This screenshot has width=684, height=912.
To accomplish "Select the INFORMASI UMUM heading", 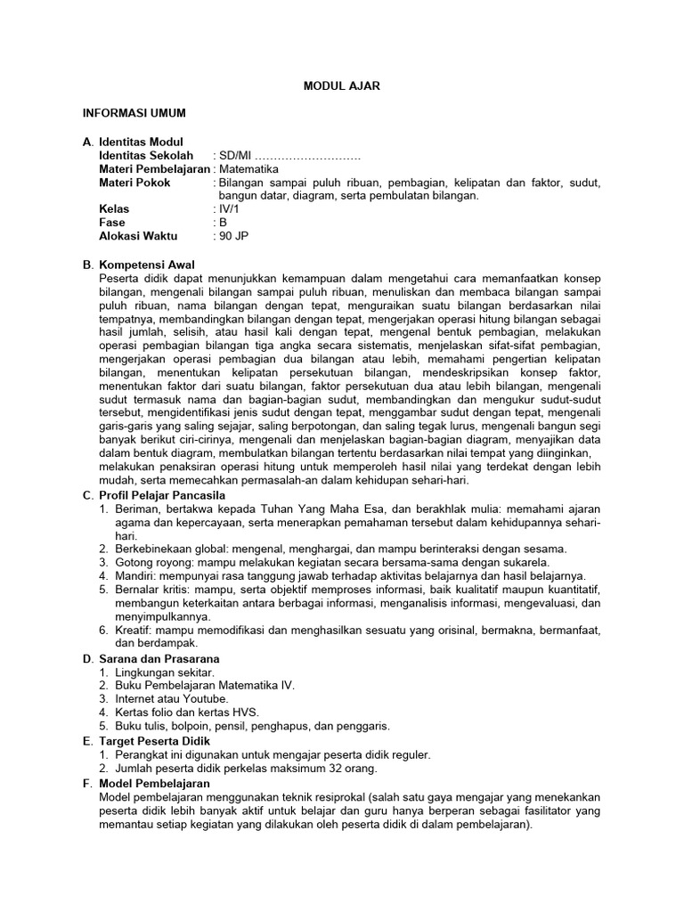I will tap(134, 113).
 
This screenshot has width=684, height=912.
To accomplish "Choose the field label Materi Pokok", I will tap(134, 182).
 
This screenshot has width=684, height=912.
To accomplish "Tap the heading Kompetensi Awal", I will tap(152, 265).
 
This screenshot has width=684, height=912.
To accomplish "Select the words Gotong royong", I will tap(149, 562).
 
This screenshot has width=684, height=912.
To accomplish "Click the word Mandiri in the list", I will tap(134, 575).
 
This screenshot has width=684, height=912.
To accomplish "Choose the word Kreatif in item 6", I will tap(132, 630).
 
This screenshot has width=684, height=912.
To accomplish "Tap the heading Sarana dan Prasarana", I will tap(159, 658).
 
